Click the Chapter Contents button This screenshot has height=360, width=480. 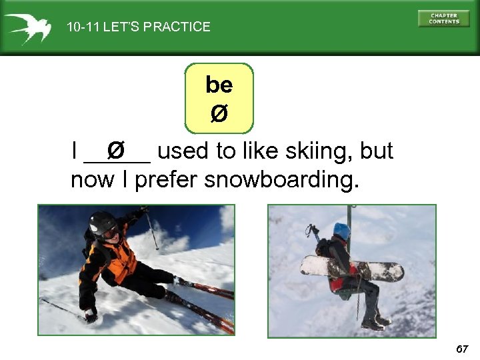point(443,19)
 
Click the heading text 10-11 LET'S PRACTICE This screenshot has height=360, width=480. point(138,27)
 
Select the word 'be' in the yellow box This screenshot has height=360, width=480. point(219,85)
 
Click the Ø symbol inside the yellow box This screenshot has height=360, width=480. point(219,115)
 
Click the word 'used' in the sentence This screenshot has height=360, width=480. point(182,151)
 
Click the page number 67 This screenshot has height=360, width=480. point(462,349)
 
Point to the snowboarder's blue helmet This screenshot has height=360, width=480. point(342,231)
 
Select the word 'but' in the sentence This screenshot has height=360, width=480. point(377,151)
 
